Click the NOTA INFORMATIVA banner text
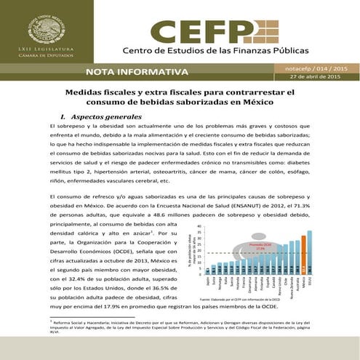pos(136,72)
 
